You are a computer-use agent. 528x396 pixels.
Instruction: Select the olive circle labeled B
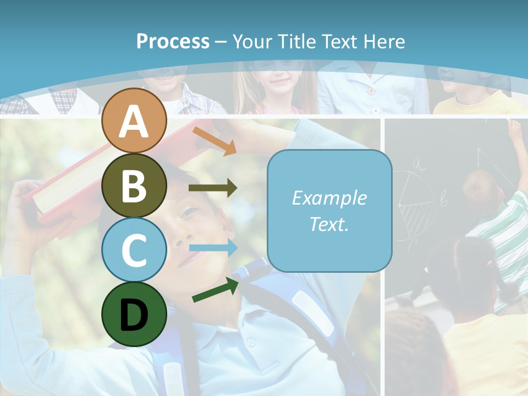(x=134, y=185)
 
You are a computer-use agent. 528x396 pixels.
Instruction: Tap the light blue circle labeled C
(x=134, y=250)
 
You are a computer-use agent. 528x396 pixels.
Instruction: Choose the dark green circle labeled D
(x=134, y=314)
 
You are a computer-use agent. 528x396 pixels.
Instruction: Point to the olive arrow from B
(x=212, y=188)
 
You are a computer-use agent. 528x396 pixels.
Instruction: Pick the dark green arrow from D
(x=215, y=290)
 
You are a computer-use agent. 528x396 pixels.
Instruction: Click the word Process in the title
(x=173, y=41)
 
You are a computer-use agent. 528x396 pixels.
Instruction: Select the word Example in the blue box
(x=329, y=198)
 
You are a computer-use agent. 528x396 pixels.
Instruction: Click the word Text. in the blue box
(x=329, y=224)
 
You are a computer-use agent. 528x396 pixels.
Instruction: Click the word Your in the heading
(x=251, y=41)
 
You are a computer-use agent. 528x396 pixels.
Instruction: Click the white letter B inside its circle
(x=134, y=186)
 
